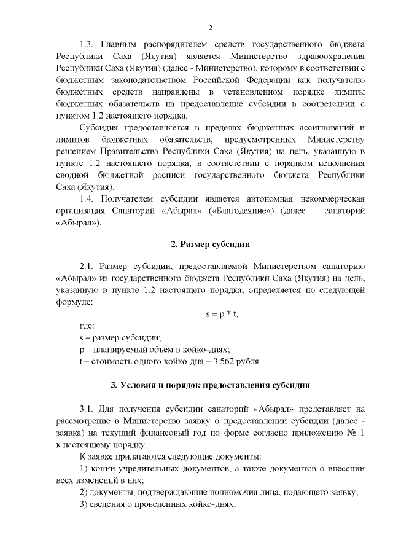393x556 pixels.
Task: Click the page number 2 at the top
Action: (x=210, y=28)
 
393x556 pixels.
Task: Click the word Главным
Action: (x=120, y=45)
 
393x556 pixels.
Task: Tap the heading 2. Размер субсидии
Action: (x=209, y=245)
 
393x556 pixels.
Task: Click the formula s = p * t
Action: (x=221, y=314)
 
